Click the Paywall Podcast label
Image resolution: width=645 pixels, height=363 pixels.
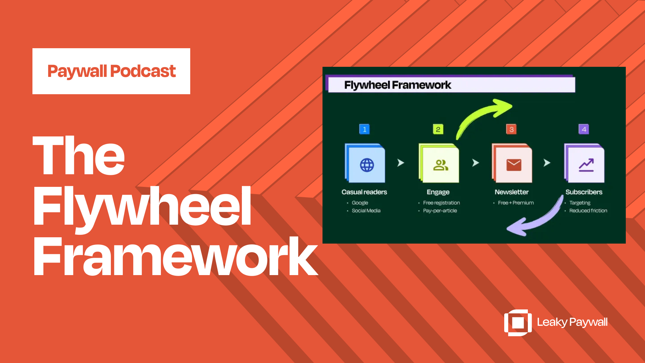(x=111, y=71)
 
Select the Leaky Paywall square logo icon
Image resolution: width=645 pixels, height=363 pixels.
(x=518, y=323)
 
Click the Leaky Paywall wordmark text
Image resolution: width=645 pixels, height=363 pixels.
(x=572, y=322)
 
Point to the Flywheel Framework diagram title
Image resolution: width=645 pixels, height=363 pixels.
(x=397, y=85)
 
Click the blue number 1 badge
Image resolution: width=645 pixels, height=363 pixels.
(x=364, y=129)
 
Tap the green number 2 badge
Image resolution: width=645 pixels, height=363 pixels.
(x=438, y=129)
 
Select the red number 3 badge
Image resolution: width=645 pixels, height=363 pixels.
(x=511, y=129)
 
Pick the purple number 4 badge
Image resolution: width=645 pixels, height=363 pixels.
(x=584, y=129)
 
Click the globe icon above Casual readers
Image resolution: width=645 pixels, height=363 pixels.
(x=367, y=165)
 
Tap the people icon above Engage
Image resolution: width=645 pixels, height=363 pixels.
(x=441, y=165)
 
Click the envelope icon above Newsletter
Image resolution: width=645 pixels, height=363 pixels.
(x=514, y=165)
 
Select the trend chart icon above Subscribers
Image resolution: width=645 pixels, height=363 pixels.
(x=586, y=165)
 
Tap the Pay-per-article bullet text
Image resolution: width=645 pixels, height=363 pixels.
(x=440, y=210)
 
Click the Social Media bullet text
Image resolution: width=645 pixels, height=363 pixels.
(x=366, y=210)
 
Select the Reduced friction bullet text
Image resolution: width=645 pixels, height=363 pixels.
(x=588, y=210)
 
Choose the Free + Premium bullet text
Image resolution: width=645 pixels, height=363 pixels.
(x=516, y=203)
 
